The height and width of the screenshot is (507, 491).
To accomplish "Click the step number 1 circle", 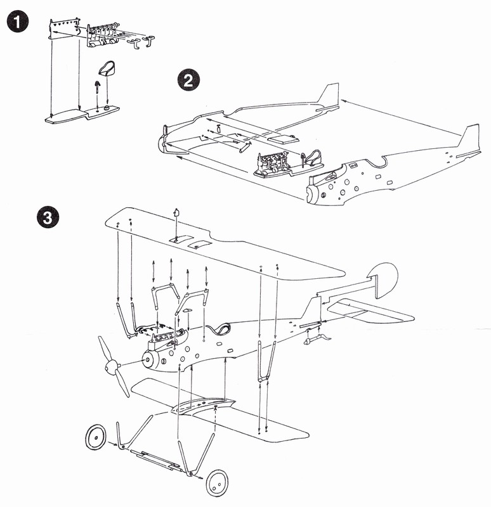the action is point(17,21).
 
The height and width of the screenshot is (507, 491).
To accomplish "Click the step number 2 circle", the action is point(188,80).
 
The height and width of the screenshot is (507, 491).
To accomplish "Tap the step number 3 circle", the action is point(48,217).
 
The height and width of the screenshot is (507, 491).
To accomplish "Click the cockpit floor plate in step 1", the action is point(82,115).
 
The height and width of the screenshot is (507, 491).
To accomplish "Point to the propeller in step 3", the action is point(114,366).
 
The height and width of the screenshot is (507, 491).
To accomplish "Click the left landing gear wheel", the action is point(96,438).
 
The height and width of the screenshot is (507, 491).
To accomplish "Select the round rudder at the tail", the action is point(384,279).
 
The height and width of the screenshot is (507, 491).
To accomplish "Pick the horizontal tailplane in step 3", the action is point(369,311).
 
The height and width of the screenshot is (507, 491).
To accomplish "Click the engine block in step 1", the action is point(102,35).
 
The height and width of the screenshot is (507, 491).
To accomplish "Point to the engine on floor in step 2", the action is point(273,164).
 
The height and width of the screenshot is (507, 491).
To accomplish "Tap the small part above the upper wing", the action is point(176,212).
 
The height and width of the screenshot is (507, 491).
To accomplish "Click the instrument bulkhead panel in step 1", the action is point(64,29).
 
